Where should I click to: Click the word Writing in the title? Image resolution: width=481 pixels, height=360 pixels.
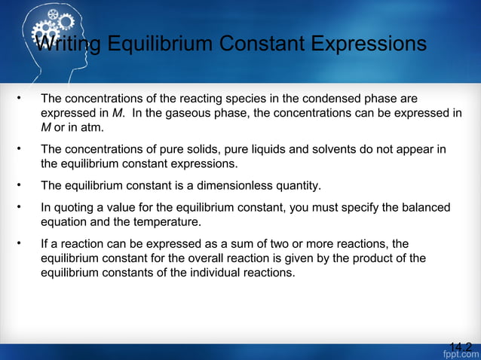[x=69, y=45]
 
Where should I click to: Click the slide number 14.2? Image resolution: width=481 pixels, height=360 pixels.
[x=460, y=346]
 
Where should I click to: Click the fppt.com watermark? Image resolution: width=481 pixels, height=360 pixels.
[x=460, y=354]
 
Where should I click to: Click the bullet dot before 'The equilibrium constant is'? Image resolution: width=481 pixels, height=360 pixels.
[x=20, y=185]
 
